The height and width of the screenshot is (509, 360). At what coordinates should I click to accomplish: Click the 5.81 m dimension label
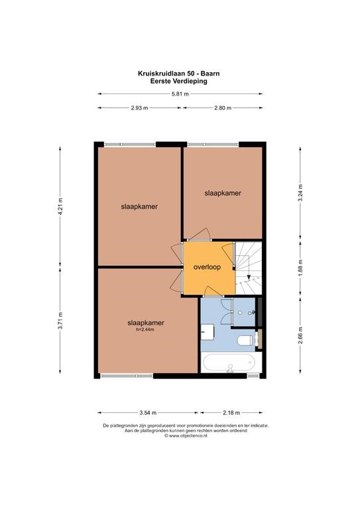180,94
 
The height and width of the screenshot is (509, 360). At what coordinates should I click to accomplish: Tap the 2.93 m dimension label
140,108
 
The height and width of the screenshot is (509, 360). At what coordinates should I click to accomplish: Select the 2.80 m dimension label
223,108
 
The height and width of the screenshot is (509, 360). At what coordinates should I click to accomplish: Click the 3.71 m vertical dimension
60,320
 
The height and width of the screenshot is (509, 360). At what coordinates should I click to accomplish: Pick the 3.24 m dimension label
300,193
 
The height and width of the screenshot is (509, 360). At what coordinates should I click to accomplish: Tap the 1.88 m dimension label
300,268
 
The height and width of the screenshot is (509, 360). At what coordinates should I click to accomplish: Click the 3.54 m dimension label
148,413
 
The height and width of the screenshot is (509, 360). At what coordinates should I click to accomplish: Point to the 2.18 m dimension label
231,413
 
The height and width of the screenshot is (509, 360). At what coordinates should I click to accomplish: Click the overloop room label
207,267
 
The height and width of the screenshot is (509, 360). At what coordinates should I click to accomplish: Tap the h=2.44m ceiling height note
145,330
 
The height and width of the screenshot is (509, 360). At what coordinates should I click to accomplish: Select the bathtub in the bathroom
231,363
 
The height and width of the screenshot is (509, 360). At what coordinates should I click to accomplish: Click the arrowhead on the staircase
249,277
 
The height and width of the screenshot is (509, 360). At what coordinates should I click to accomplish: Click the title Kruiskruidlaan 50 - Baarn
179,74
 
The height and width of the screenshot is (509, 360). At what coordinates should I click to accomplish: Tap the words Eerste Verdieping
178,81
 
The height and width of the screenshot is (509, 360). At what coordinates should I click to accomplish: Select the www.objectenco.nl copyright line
186,436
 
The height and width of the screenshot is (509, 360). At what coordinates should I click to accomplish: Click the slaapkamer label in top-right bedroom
223,193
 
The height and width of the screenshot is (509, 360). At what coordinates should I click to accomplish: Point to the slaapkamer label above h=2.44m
146,323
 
